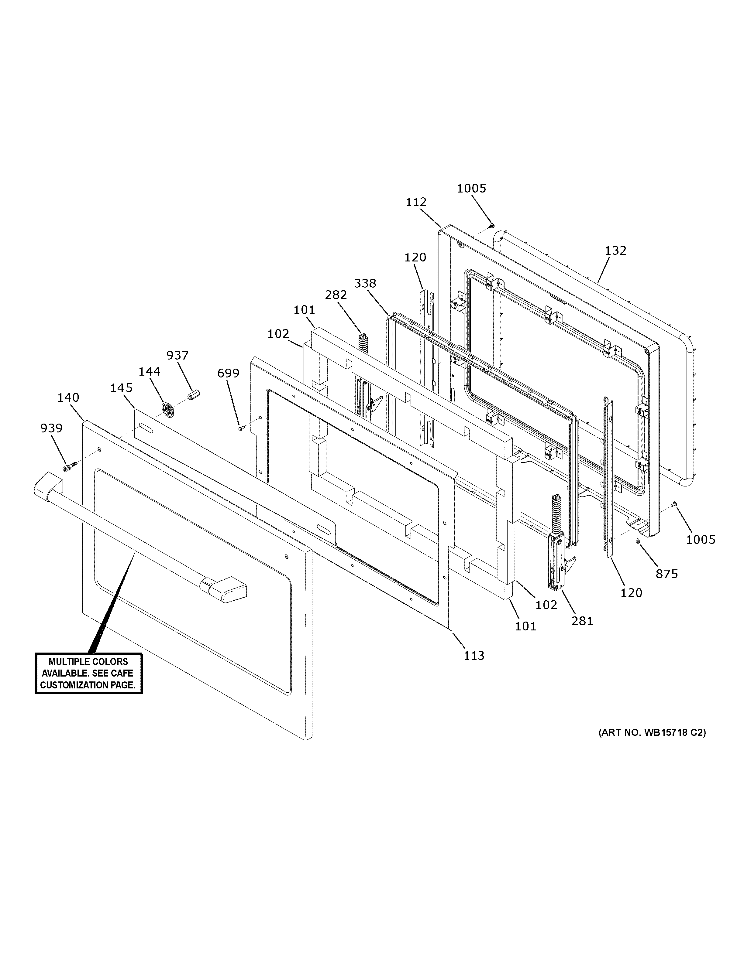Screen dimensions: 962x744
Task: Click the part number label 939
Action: click(51, 428)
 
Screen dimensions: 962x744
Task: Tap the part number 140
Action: click(68, 398)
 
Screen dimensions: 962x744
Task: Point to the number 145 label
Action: click(121, 388)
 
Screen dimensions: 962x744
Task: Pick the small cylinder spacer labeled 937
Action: click(193, 395)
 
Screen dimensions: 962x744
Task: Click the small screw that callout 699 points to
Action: click(241, 427)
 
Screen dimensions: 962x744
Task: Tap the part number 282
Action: click(336, 295)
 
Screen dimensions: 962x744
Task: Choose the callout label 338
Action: click(365, 283)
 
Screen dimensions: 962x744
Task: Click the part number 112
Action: click(416, 202)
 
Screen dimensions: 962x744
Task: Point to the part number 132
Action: click(615, 251)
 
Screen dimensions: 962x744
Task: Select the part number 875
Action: click(666, 574)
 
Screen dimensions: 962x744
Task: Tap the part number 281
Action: click(582, 621)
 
